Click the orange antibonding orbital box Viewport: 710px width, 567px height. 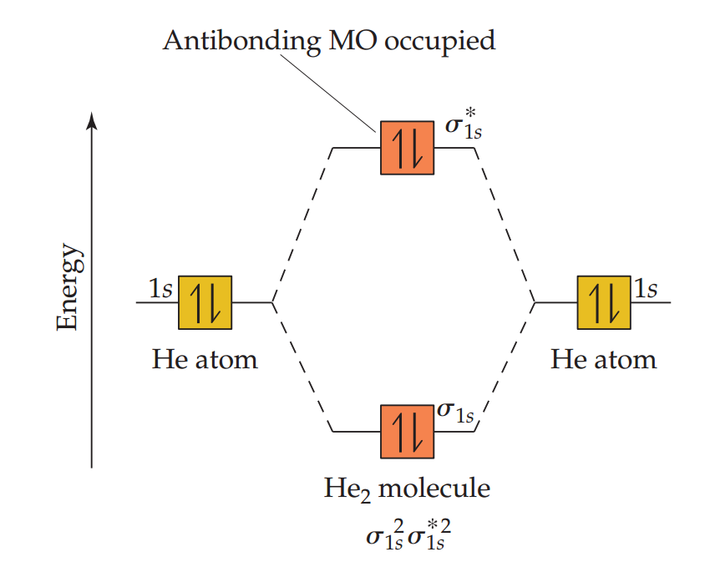(407, 148)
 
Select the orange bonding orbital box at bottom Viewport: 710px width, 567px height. (407, 431)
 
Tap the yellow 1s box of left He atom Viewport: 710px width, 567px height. (205, 301)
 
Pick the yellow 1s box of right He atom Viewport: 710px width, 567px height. (604, 301)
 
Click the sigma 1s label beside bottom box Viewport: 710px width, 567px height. (456, 412)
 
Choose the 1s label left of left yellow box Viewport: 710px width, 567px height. (160, 289)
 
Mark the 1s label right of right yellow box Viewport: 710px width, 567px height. (646, 289)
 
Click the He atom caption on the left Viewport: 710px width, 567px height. (205, 360)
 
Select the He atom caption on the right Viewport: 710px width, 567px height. (603, 360)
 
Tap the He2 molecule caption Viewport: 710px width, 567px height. (407, 488)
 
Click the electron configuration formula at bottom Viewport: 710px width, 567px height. (407, 534)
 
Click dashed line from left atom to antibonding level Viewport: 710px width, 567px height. (302, 225)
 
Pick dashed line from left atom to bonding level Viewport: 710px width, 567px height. (302, 367)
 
